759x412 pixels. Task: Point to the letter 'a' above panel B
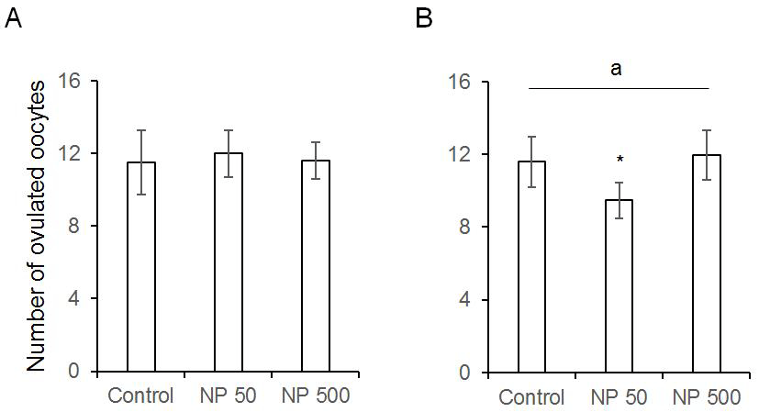point(618,69)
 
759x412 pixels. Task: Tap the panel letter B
point(424,17)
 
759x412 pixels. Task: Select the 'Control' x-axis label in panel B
point(532,397)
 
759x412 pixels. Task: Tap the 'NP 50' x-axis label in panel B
point(619,397)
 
